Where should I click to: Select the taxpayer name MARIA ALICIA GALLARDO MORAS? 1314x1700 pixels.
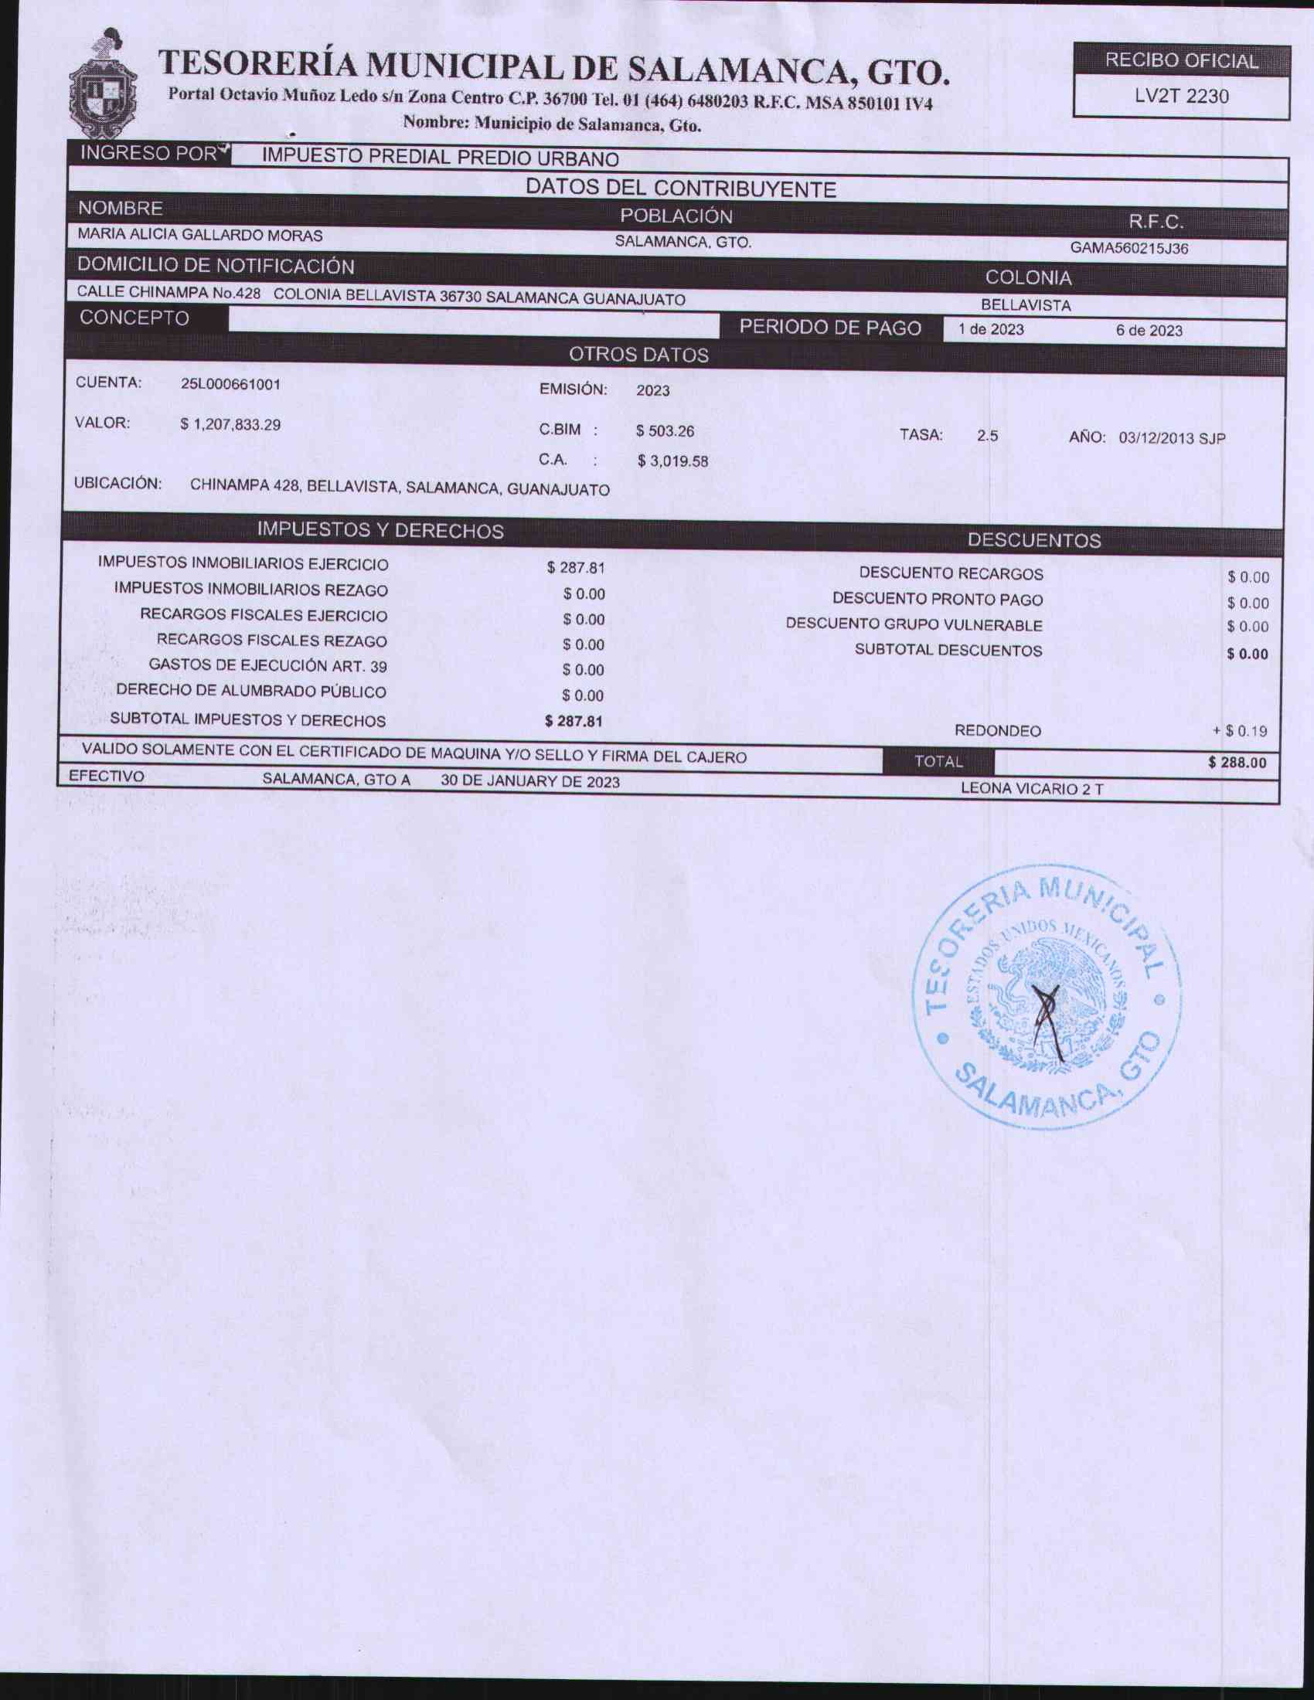click(200, 234)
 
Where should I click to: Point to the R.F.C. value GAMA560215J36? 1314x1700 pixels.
click(1128, 249)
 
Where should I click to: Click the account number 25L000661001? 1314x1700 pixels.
click(230, 385)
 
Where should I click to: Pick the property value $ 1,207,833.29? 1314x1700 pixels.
click(230, 425)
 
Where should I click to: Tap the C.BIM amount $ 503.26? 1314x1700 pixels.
click(665, 431)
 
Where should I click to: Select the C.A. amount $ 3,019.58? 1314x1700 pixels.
click(672, 461)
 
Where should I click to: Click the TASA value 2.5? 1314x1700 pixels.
click(987, 437)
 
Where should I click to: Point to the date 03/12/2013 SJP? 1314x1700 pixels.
click(1172, 438)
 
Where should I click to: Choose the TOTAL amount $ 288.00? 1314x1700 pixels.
click(1237, 763)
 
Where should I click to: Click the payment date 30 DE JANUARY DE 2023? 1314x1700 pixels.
click(530, 781)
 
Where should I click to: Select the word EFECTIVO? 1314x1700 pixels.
click(107, 777)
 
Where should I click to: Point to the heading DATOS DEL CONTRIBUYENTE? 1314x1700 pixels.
click(680, 189)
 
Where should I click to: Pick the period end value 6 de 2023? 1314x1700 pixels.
click(1148, 331)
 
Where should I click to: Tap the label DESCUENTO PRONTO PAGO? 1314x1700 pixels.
click(938, 600)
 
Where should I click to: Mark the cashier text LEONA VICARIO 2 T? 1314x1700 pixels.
click(1031, 789)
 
